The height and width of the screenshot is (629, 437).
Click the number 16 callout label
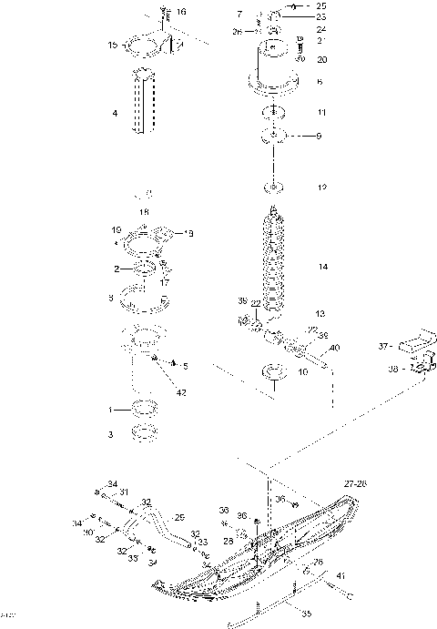[181, 12]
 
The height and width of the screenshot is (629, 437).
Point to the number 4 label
[114, 114]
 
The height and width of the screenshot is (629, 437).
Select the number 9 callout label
[318, 137]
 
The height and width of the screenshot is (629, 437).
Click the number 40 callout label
[335, 348]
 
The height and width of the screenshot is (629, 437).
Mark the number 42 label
[182, 393]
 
